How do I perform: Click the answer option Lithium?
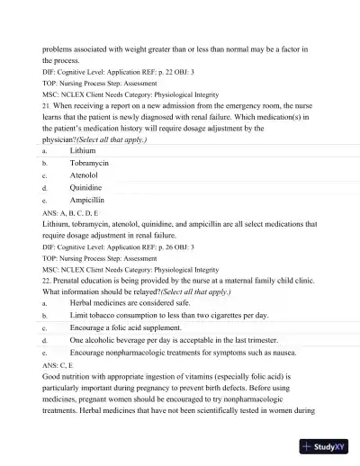tap(83, 151)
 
